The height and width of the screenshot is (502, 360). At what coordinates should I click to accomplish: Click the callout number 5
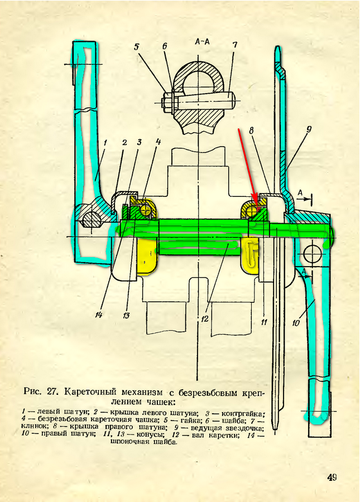click(137, 47)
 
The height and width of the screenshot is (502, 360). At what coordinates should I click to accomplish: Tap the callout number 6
click(165, 46)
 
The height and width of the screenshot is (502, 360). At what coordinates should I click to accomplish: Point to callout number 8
click(252, 130)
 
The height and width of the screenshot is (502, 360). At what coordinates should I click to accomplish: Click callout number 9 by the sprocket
click(309, 129)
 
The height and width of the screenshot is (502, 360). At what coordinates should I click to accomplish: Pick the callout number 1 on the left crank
click(105, 142)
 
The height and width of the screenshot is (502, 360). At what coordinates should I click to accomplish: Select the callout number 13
click(126, 315)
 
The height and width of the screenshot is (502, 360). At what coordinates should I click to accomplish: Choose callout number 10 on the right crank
click(296, 322)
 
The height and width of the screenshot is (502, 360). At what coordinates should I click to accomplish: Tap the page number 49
click(332, 477)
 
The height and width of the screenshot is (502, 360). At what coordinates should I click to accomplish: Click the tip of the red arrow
click(257, 203)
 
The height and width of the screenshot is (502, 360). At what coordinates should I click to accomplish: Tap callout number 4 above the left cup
click(158, 142)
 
